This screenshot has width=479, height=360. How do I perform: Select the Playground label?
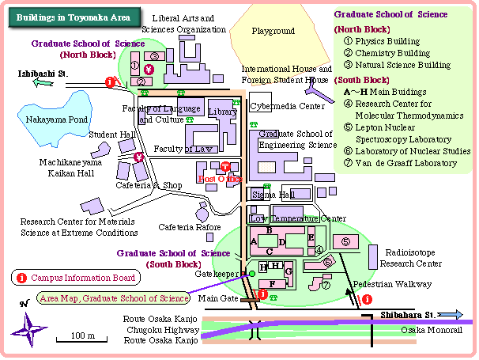click(273, 32)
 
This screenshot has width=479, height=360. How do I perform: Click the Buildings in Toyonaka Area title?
click(72, 17)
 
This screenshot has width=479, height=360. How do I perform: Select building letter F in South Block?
click(273, 282)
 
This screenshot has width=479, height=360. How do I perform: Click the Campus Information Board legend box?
click(76, 278)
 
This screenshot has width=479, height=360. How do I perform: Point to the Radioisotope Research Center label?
click(411, 258)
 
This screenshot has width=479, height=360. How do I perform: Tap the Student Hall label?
click(112, 135)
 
